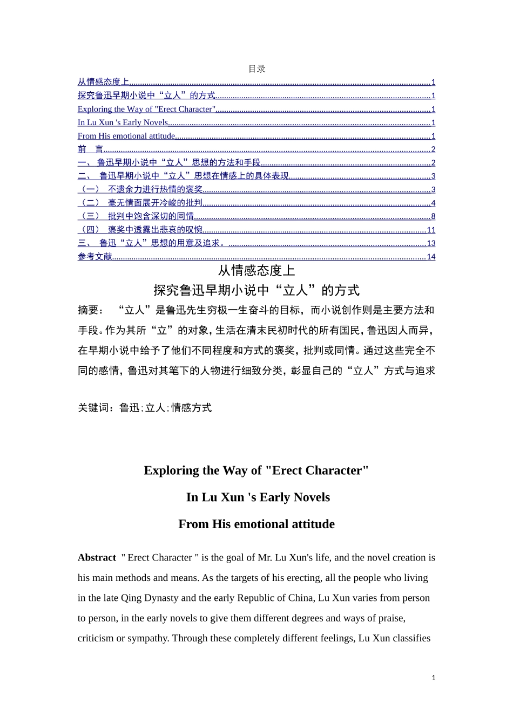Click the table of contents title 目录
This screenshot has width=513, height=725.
click(x=256, y=69)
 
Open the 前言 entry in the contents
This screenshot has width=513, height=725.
click(x=90, y=149)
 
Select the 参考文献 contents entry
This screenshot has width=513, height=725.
click(x=94, y=257)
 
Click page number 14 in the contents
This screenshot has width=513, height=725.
click(x=431, y=257)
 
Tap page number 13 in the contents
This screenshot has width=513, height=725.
click(x=431, y=243)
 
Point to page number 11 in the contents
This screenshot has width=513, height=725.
click(x=431, y=230)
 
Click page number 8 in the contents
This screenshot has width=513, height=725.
click(x=433, y=216)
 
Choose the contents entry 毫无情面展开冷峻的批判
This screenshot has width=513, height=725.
click(x=155, y=203)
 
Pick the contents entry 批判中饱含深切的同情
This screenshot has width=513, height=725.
click(x=151, y=216)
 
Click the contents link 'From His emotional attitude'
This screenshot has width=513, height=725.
click(x=126, y=136)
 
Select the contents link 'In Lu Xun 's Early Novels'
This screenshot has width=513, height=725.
click(x=123, y=122)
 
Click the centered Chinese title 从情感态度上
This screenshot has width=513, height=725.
click(x=256, y=270)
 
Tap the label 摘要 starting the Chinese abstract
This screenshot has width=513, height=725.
click(x=87, y=310)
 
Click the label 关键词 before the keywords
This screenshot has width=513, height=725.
click(x=96, y=408)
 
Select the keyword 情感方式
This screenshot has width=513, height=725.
click(x=192, y=408)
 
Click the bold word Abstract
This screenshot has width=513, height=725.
click(x=97, y=558)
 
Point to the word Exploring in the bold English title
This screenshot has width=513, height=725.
click(x=172, y=470)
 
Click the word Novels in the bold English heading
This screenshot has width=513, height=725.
click(x=312, y=497)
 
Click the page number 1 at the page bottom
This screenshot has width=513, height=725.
click(x=433, y=678)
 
